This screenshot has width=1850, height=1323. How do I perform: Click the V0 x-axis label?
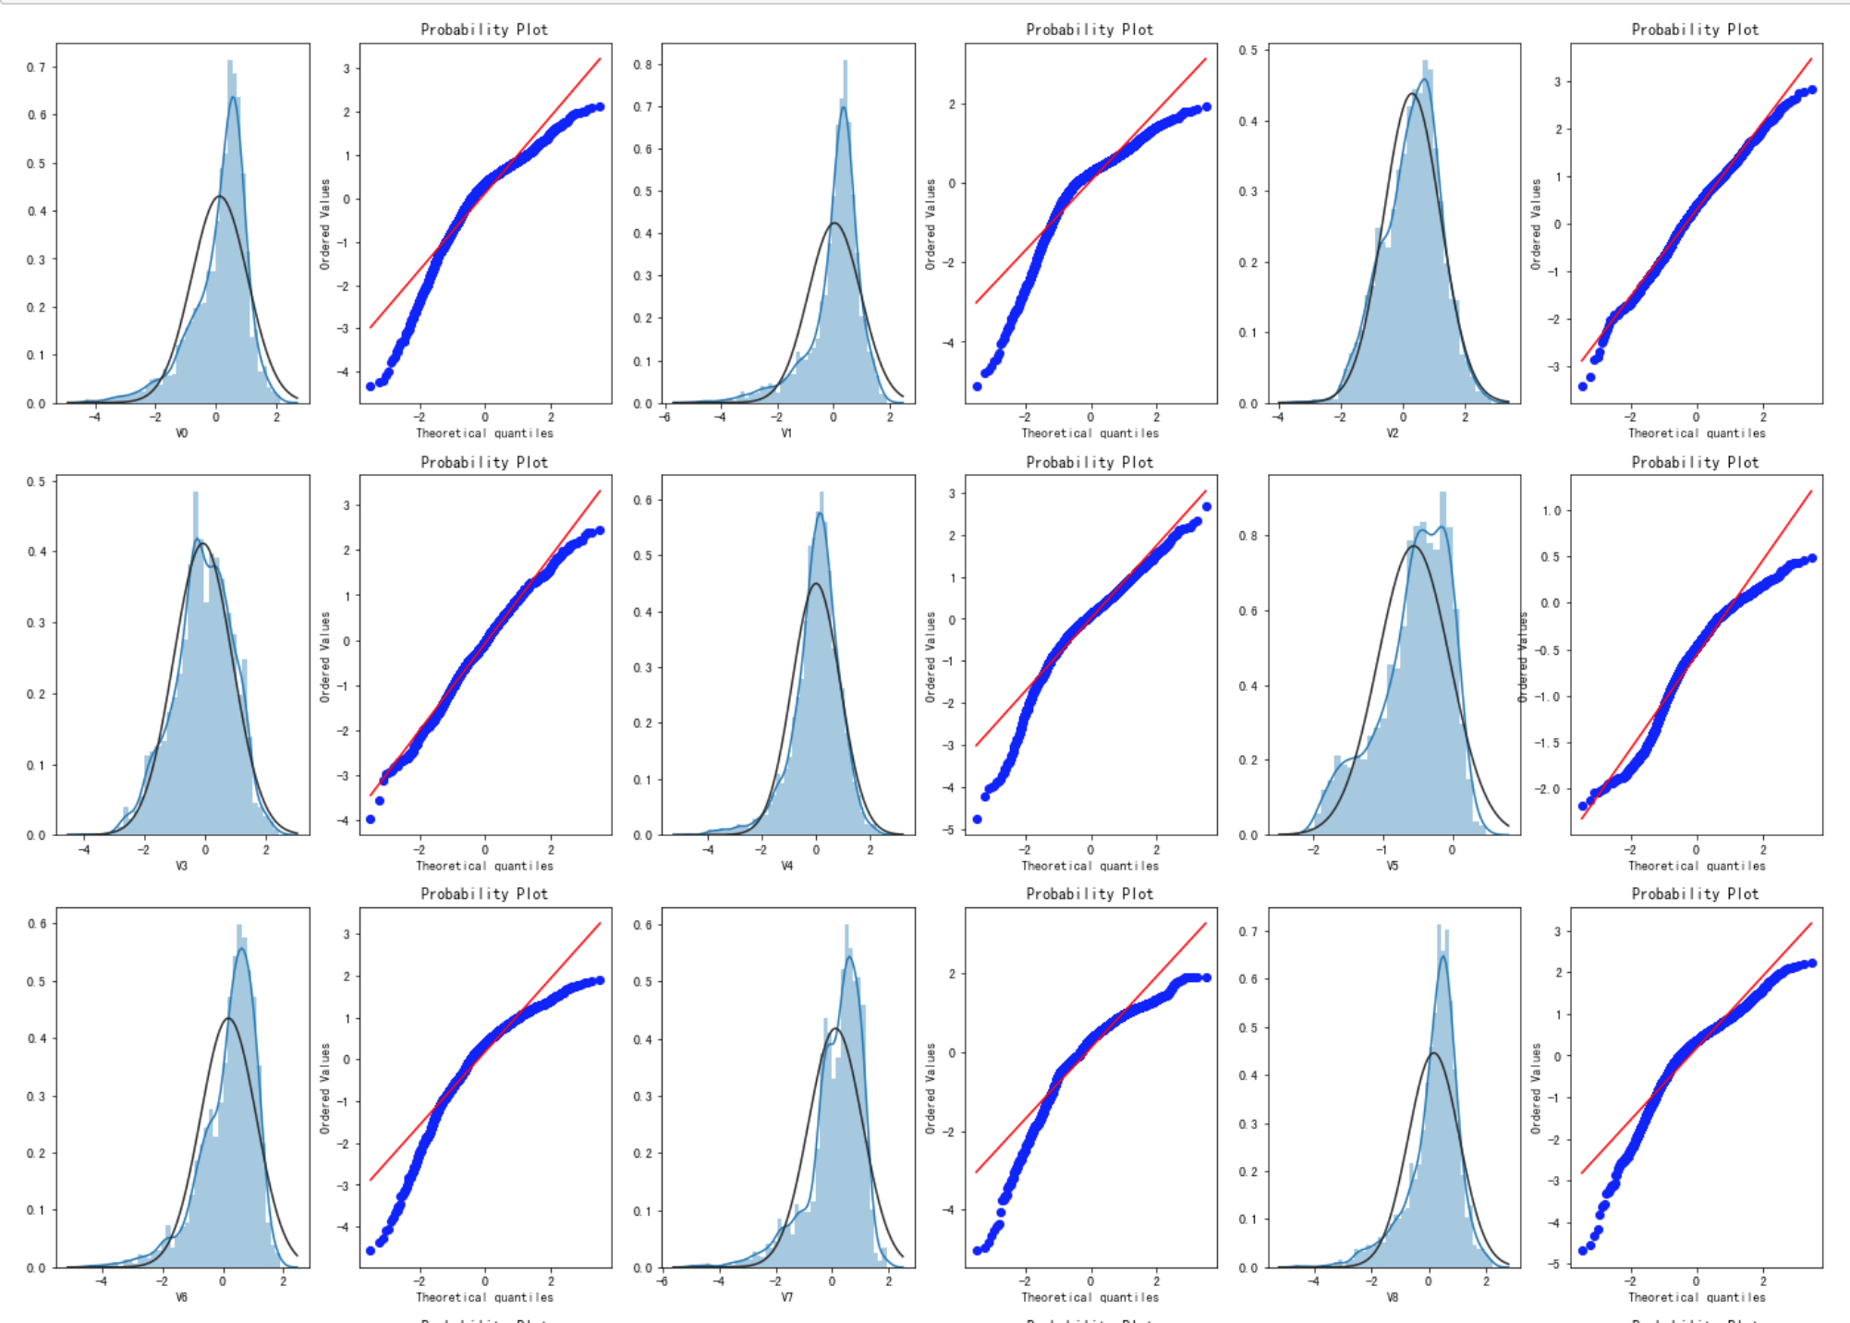click(x=182, y=432)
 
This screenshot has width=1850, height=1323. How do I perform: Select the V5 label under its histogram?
click(x=1393, y=866)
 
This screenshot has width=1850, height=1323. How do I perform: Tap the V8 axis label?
click(x=1393, y=1297)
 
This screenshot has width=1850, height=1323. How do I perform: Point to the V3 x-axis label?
click(x=182, y=866)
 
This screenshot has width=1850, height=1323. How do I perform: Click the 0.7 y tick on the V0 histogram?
click(x=35, y=67)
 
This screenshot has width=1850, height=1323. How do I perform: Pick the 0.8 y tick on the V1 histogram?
click(x=642, y=65)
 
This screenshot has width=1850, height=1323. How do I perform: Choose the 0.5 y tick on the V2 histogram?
click(x=1248, y=50)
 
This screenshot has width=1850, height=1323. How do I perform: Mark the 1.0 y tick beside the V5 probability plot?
click(x=1551, y=511)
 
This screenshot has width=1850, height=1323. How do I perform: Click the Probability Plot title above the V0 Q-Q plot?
click(x=484, y=30)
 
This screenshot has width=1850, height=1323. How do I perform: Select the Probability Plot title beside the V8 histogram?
click(x=1695, y=893)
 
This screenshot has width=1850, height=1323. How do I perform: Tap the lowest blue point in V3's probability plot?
click(x=371, y=819)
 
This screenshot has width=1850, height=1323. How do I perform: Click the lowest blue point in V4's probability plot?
click(x=977, y=819)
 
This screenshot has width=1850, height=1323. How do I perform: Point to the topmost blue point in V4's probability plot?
click(x=1206, y=506)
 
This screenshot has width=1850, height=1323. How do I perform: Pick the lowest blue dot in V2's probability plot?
click(x=1583, y=386)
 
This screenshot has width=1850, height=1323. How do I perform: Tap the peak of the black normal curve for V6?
click(x=228, y=1018)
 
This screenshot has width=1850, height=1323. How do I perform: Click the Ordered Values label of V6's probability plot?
click(x=324, y=1088)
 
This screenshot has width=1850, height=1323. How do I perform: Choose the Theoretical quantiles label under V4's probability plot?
click(x=1089, y=866)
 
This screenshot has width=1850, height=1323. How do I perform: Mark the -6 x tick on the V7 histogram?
click(x=663, y=1281)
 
